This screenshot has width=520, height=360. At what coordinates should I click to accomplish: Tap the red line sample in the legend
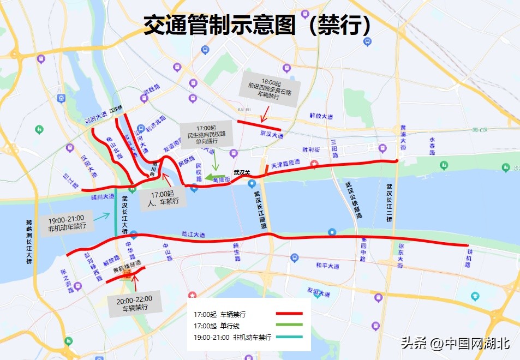point(289,314)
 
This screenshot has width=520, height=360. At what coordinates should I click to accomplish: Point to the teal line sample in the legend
point(289,337)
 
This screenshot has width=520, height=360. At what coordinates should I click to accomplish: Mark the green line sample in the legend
point(289,326)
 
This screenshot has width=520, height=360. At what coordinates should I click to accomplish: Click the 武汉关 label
point(242,173)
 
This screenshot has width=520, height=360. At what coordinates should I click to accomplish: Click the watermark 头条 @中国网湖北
point(455,343)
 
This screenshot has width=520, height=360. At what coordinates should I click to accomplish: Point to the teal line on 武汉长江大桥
point(116,215)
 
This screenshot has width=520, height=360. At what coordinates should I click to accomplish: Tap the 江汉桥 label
point(116,109)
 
